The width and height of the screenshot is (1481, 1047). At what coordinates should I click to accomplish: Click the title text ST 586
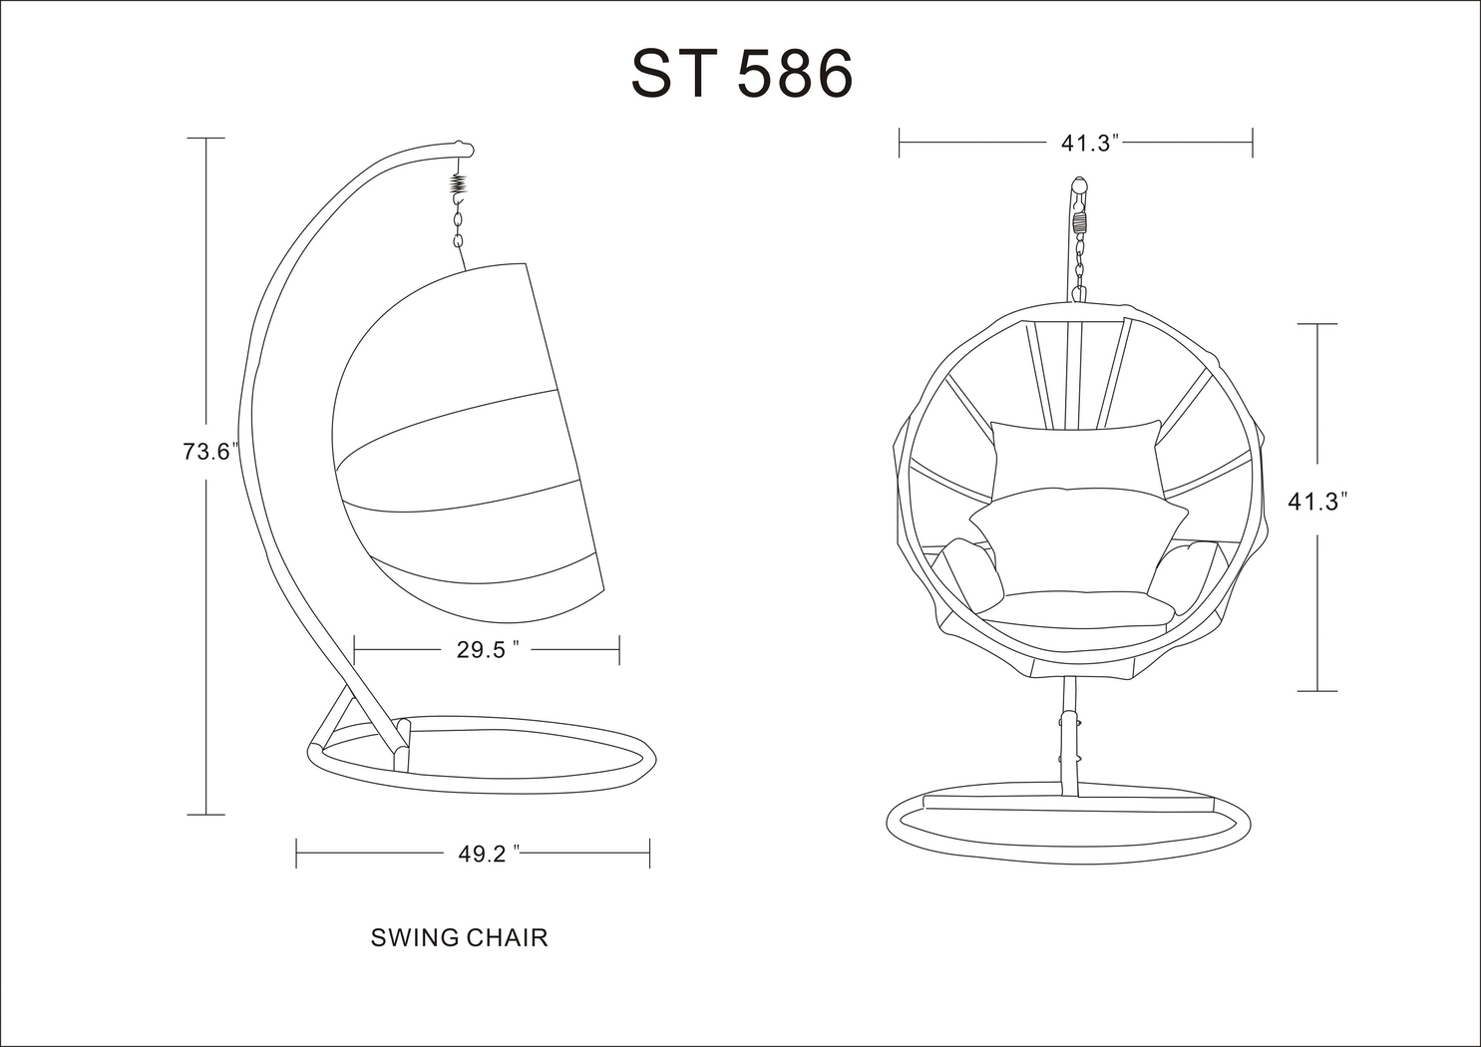742,73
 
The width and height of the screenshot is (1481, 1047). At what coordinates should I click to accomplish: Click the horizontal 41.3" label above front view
1086,143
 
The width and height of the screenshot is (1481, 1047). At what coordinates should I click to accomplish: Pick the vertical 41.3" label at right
1317,503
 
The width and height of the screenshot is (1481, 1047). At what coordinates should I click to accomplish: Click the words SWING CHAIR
459,938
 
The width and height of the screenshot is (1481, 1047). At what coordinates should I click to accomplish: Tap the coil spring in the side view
459,185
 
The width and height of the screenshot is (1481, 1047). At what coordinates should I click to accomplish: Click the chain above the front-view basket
1079,254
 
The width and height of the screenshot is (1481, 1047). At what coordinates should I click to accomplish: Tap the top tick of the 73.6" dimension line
206,138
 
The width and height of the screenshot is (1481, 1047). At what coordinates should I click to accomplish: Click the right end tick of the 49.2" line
649,854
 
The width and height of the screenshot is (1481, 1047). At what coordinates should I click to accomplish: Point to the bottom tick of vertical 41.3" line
1317,690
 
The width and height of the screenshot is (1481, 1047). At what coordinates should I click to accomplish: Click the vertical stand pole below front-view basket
1068,738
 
